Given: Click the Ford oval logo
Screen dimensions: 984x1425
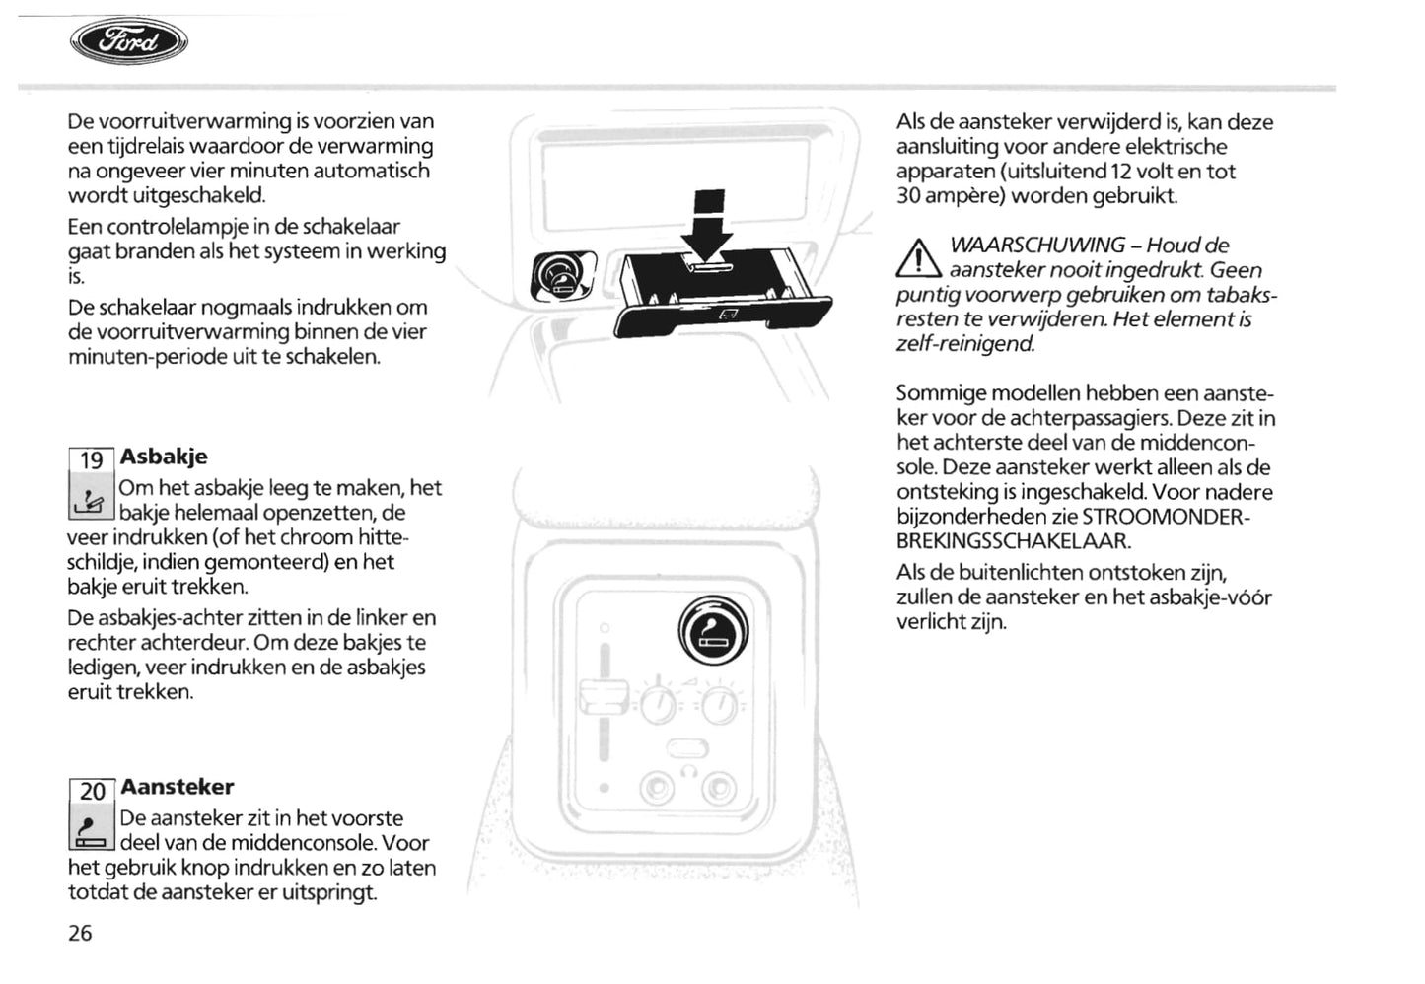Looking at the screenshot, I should pyautogui.click(x=128, y=42).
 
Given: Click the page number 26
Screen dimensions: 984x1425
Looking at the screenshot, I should pyautogui.click(x=80, y=933).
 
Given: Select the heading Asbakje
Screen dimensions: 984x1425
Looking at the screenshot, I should pyautogui.click(x=164, y=457).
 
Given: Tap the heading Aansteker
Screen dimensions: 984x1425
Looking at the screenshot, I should pyautogui.click(x=178, y=787).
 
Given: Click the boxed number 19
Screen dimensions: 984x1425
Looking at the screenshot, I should pyautogui.click(x=92, y=460).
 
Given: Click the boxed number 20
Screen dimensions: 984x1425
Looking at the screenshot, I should pyautogui.click(x=92, y=791).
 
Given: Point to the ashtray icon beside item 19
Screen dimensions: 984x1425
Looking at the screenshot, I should pyautogui.click(x=92, y=499).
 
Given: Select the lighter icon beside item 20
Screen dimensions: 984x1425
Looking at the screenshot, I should pyautogui.click(x=92, y=830).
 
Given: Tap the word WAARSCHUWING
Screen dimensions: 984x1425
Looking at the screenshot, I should pyautogui.click(x=1036, y=245).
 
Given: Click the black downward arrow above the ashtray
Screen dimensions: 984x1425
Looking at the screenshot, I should pyautogui.click(x=707, y=225).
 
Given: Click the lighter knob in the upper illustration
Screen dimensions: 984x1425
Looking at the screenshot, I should pyautogui.click(x=561, y=277).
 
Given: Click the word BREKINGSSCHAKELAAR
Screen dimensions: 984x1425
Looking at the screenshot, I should pyautogui.click(x=1014, y=540).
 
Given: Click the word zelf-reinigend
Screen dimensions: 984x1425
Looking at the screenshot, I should pyautogui.click(x=965, y=343).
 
